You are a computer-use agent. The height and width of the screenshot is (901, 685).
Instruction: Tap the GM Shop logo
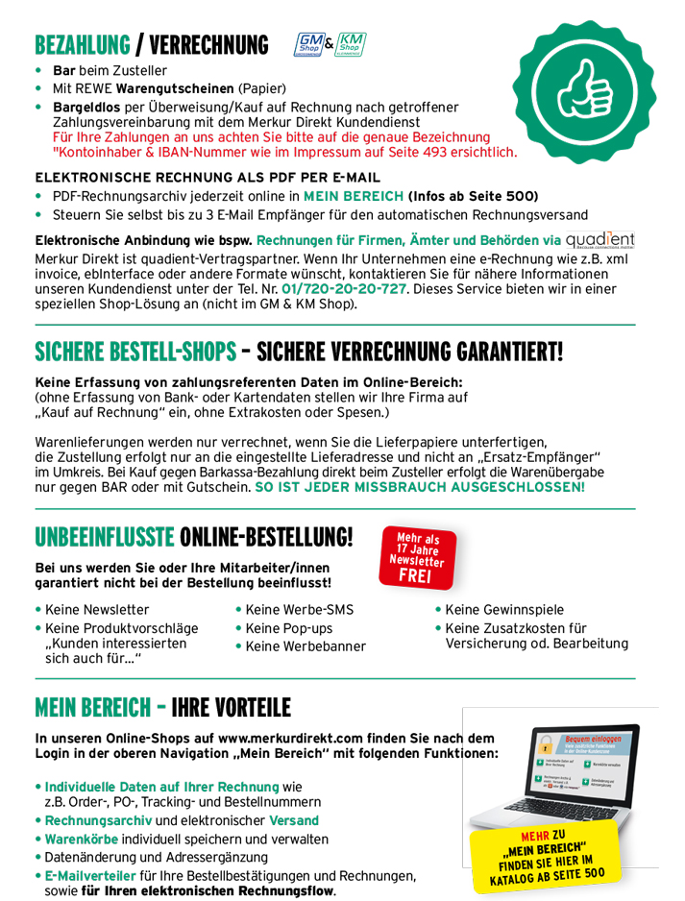coord(308,44)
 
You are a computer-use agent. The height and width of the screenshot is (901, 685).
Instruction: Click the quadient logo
coord(600,239)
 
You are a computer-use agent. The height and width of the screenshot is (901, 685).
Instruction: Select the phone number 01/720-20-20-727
coord(345,288)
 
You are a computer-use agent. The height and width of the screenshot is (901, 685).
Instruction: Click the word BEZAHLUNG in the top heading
coord(82,45)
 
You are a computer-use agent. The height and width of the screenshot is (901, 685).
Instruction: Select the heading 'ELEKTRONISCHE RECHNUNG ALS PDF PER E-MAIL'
coord(207,178)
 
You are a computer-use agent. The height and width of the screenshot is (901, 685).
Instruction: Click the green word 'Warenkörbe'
coord(84,839)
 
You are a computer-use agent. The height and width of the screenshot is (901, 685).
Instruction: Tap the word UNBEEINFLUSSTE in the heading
coord(104,535)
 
